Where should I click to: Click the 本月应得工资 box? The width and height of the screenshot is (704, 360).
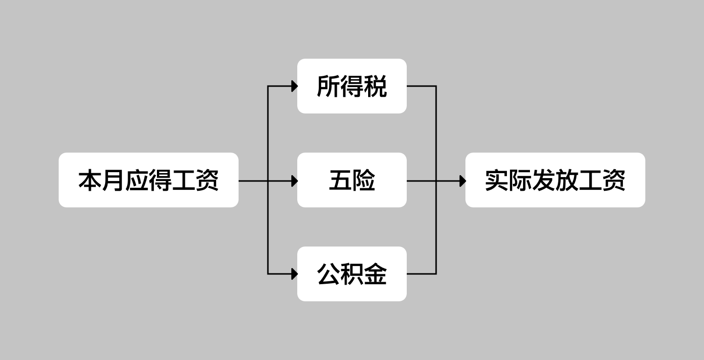click(148, 180)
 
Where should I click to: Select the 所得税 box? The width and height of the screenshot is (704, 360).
click(352, 86)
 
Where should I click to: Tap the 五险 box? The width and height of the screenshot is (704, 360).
click(352, 180)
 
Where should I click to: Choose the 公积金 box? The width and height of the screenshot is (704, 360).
click(352, 274)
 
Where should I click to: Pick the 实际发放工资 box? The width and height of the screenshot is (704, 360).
click(555, 180)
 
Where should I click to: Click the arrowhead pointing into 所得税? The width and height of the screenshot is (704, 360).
click(294, 86)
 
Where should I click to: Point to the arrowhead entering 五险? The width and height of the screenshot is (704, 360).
click(294, 181)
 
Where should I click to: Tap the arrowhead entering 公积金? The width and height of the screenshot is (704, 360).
click(294, 274)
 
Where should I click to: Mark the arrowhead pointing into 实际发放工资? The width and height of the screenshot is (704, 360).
click(462, 181)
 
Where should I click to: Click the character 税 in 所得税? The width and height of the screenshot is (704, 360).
click(375, 87)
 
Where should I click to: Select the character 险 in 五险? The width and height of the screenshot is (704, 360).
click(364, 180)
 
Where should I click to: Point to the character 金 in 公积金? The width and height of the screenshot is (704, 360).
click(375, 274)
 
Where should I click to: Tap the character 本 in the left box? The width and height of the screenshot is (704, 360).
click(90, 180)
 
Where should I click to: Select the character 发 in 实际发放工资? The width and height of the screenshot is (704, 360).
click(543, 180)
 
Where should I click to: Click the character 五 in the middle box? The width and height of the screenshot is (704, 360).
click(340, 180)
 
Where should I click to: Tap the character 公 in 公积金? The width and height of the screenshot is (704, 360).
click(329, 274)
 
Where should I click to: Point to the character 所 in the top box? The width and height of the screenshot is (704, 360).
click(329, 87)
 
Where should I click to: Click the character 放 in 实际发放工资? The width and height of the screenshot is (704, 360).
click(567, 180)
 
